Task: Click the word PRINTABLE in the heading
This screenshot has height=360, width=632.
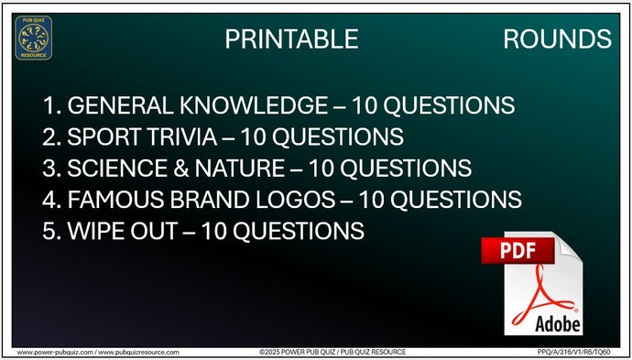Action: pos(291,38)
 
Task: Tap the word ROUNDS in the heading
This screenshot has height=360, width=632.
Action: pos(557,38)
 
